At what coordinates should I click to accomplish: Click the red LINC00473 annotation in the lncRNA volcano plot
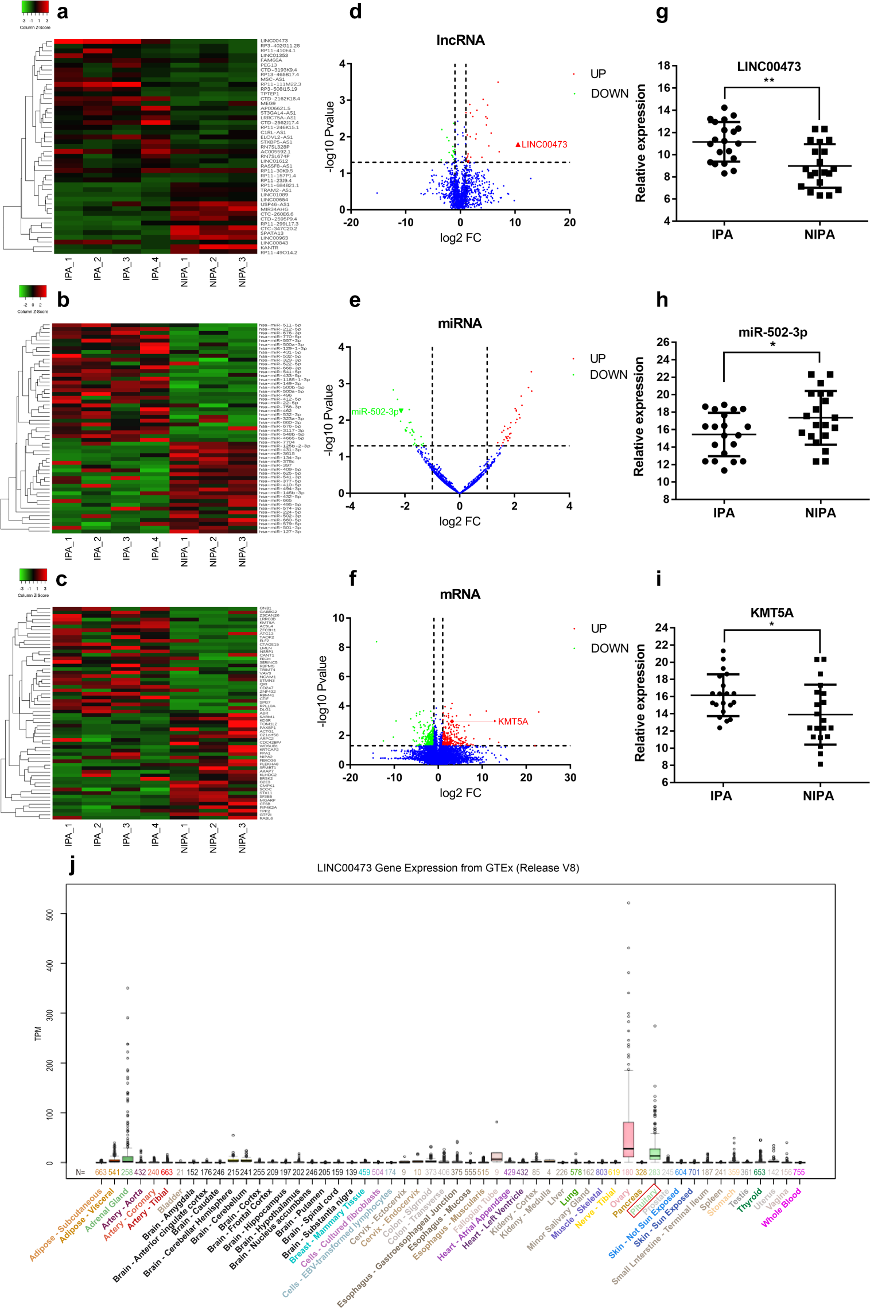click(543, 145)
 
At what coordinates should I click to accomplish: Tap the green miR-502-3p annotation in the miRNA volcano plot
click(375, 412)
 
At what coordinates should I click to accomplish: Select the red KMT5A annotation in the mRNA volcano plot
click(512, 721)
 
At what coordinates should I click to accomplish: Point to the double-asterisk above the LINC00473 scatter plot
click(768, 80)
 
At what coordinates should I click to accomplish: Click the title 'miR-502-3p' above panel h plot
click(772, 332)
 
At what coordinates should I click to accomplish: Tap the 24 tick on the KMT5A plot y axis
click(662, 627)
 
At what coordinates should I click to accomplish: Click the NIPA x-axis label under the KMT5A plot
click(818, 795)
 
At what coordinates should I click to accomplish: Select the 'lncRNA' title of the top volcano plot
click(460, 40)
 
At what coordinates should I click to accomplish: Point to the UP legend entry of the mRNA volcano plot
click(599, 628)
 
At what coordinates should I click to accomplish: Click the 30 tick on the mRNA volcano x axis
click(570, 777)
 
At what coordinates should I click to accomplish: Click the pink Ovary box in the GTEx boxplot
click(628, 1139)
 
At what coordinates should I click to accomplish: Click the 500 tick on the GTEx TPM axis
click(50, 914)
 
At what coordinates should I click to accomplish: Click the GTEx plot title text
click(448, 868)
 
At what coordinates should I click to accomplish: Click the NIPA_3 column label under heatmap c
click(242, 838)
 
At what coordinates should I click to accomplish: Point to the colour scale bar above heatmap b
click(33, 291)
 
